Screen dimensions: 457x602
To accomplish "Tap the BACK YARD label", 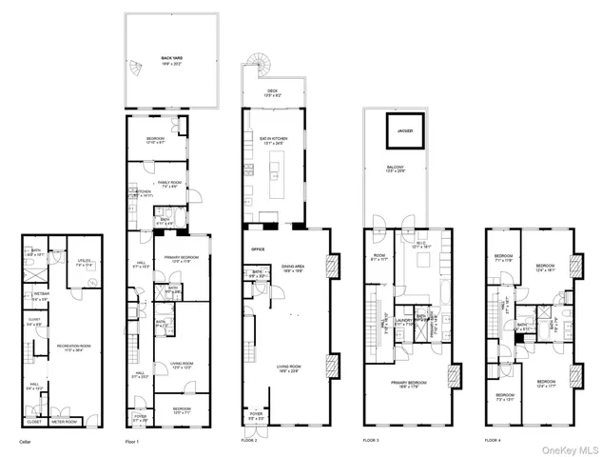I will click(x=171, y=59).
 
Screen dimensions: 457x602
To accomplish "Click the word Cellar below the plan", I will click(x=27, y=441).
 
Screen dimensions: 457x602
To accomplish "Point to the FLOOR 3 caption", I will click(x=371, y=441).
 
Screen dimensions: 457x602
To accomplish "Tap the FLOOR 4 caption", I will click(x=492, y=441).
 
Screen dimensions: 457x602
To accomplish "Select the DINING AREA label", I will click(x=292, y=269).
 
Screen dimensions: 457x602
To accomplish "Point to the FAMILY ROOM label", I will click(x=170, y=183).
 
